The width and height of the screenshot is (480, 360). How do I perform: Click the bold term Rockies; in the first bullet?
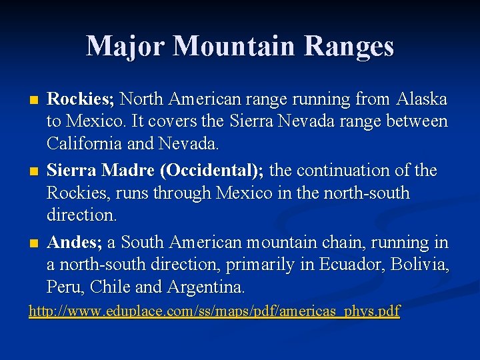pyautogui.click(x=81, y=99)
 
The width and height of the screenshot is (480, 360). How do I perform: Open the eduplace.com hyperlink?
pyautogui.click(x=214, y=311)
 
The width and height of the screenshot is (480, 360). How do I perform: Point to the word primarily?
pyautogui.click(x=260, y=265)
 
